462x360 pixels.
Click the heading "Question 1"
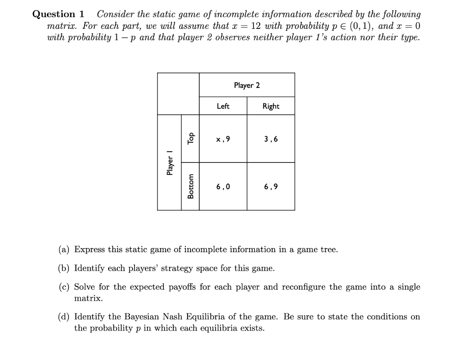(58, 14)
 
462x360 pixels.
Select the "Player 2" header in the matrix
(247, 85)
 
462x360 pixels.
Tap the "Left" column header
(223, 106)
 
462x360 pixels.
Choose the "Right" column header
(271, 106)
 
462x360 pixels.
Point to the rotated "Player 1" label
(170, 165)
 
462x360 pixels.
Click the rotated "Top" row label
(191, 138)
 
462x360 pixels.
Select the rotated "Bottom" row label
(191, 186)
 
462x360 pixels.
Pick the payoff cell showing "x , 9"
(223, 139)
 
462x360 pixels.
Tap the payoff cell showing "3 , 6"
(271, 139)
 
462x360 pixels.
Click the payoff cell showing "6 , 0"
(223, 186)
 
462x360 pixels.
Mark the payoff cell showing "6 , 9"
(271, 186)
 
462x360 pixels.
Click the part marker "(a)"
(65, 249)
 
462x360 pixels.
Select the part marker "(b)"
(65, 268)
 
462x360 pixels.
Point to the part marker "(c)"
(65, 287)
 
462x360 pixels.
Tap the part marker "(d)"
(65, 317)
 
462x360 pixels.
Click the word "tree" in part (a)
(328, 249)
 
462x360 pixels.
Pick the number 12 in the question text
(256, 26)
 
